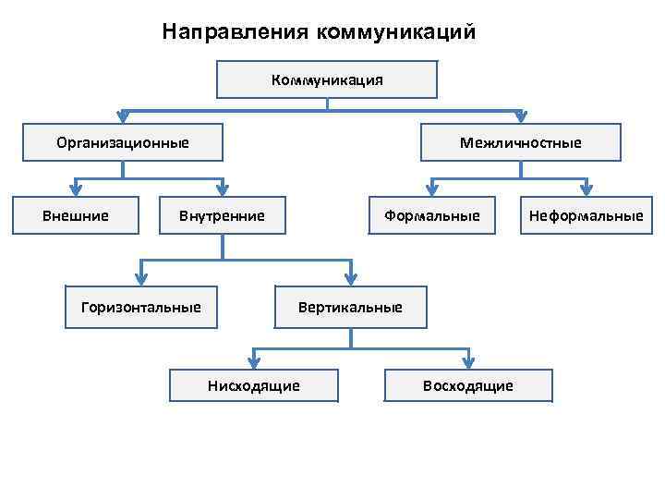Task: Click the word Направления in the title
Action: coord(236,32)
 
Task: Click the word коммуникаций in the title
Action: coord(396,32)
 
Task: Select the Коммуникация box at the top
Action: coord(327,79)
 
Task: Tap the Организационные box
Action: coord(123,142)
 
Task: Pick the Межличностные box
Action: coord(521,142)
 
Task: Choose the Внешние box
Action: coord(76,216)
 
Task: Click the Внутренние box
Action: coord(222,216)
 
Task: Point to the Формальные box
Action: coord(432,216)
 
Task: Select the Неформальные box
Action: coord(586,216)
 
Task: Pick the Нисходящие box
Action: coord(253,385)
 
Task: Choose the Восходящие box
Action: coord(467,385)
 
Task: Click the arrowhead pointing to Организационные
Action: coord(123,118)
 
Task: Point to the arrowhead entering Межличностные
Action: coord(521,118)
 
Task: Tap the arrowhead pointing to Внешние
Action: coord(76,190)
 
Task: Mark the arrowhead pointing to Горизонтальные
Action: coord(141,278)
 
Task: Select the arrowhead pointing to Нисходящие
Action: coord(253,362)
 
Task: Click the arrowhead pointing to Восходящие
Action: coord(467,362)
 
